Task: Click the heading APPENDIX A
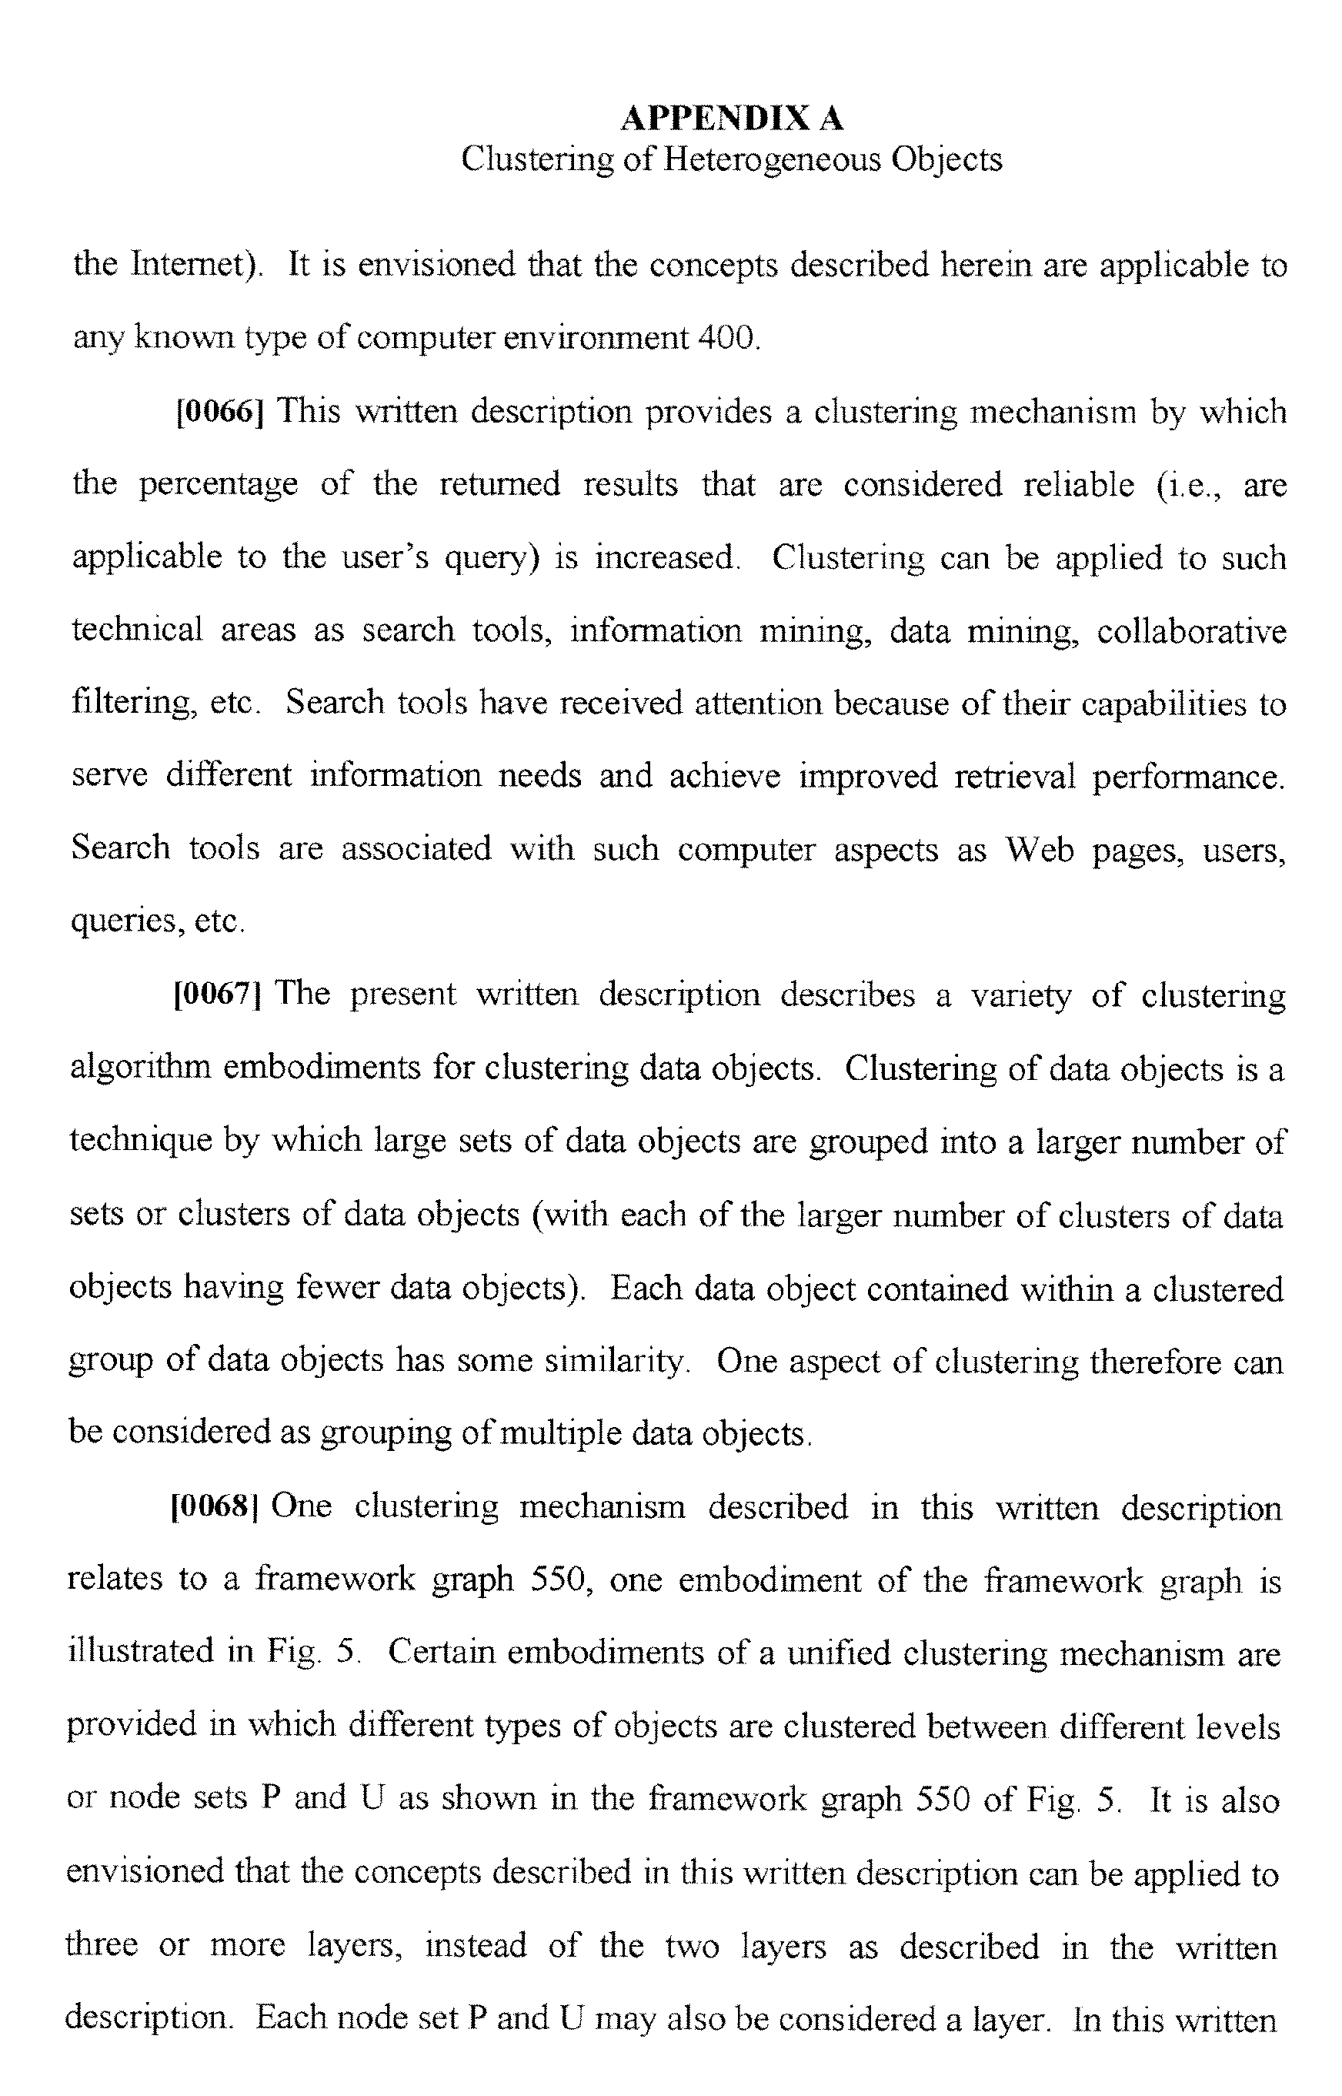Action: [731, 119]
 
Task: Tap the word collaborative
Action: [1190, 630]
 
